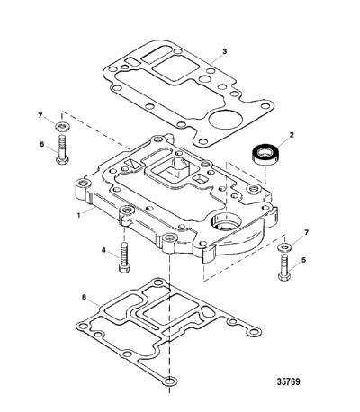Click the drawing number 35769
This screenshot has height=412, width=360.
point(288,381)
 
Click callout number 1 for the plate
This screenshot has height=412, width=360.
point(79,215)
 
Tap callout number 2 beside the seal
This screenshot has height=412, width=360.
point(292,135)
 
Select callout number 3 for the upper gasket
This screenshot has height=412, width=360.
point(224,51)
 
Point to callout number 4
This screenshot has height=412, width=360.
point(103,249)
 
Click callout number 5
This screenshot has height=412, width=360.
point(304,260)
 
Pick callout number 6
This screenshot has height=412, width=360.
point(42,144)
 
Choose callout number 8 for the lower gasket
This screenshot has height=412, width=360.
point(84,297)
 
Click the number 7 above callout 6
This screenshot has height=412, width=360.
point(40,115)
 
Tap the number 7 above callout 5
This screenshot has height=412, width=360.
point(306,232)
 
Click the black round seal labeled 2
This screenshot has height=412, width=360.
point(264,155)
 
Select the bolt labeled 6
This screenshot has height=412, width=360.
point(63,149)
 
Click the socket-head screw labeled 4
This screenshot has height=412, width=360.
point(124,257)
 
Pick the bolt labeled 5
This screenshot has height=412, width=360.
point(284,267)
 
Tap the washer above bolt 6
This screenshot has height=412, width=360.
point(63,126)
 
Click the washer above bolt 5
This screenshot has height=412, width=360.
point(283,247)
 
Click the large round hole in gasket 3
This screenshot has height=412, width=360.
point(225,119)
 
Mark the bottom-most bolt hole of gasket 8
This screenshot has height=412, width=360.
point(170,381)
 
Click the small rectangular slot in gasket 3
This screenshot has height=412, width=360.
point(131,61)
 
